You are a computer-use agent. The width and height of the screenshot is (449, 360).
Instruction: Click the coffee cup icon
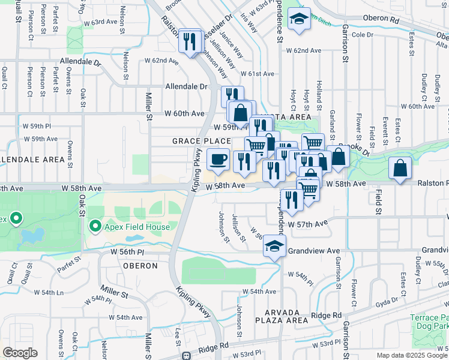coord(218,160)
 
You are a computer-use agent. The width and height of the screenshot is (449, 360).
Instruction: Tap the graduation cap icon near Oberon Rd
coord(298,19)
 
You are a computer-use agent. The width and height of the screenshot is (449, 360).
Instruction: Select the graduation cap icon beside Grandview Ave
coord(274,246)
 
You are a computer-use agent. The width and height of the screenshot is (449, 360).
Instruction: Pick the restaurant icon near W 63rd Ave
coord(190,41)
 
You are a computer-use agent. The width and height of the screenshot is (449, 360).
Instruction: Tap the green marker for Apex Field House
coord(94,226)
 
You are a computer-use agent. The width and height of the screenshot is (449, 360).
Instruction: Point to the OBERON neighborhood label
coord(140,265)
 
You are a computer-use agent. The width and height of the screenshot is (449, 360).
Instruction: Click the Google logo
coord(20,352)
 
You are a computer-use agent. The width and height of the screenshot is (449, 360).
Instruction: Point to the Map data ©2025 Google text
coord(412,355)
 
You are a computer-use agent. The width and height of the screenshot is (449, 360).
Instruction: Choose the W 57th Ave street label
coord(307,224)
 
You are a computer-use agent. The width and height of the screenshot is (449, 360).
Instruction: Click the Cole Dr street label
coord(363,35)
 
